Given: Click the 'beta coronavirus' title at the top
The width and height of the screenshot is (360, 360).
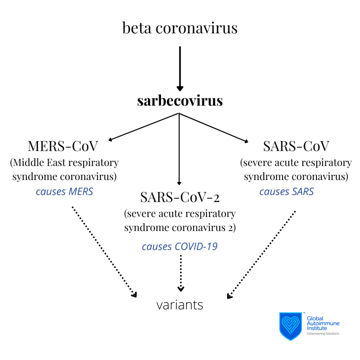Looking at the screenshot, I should (x=180, y=28).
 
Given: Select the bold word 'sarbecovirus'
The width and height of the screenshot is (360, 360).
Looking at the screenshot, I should (x=180, y=101).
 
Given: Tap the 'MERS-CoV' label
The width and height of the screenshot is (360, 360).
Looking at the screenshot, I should (x=64, y=146).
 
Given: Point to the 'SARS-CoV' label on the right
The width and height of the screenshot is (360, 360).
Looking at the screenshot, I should (x=296, y=146).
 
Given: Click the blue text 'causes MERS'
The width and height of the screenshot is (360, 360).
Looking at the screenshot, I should (x=64, y=192).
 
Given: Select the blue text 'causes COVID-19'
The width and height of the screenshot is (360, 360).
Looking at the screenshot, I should (x=180, y=246).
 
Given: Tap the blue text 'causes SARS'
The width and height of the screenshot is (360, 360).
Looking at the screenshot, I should (x=287, y=192).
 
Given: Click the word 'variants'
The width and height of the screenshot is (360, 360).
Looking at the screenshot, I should (x=180, y=305).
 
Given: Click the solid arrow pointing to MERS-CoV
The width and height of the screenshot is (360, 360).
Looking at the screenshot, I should (x=144, y=127).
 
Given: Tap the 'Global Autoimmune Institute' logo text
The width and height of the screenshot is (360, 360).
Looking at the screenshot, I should (x=323, y=323).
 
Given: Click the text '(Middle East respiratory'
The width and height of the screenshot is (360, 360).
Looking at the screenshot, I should (x=64, y=163).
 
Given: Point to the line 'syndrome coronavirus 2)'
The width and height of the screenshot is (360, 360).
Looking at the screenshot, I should (x=180, y=228).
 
